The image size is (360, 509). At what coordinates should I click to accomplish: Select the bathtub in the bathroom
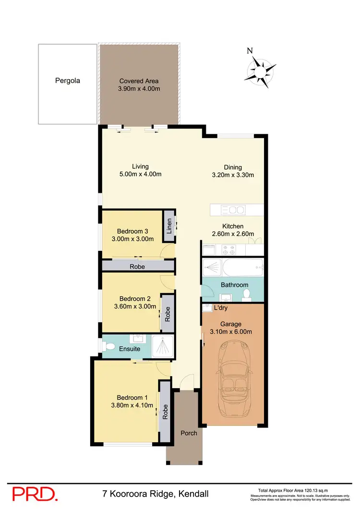pyautogui.click(x=233, y=266)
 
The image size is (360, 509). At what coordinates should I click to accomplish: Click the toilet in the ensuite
pyautogui.click(x=109, y=345)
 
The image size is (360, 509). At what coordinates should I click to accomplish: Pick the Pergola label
pyautogui.click(x=68, y=81)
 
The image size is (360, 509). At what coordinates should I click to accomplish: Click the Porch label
pyautogui.click(x=189, y=433)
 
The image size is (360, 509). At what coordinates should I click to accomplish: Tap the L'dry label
pyautogui.click(x=220, y=308)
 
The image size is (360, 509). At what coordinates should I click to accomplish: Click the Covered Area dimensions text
pyautogui.click(x=139, y=89)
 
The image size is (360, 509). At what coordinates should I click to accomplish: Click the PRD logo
pyautogui.click(x=35, y=495)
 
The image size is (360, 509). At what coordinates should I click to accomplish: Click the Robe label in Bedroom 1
pyautogui.click(x=165, y=412)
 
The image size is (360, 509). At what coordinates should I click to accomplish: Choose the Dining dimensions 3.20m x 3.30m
pyautogui.click(x=233, y=175)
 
